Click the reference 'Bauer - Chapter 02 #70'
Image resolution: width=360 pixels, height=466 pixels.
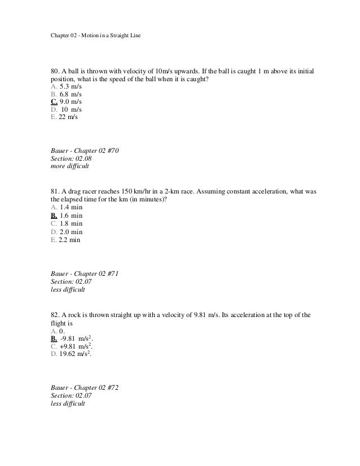pyautogui.click(x=84, y=151)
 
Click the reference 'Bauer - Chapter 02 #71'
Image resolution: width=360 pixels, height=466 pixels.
pyautogui.click(x=84, y=273)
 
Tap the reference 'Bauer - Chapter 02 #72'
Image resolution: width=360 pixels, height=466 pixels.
pyautogui.click(x=84, y=388)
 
